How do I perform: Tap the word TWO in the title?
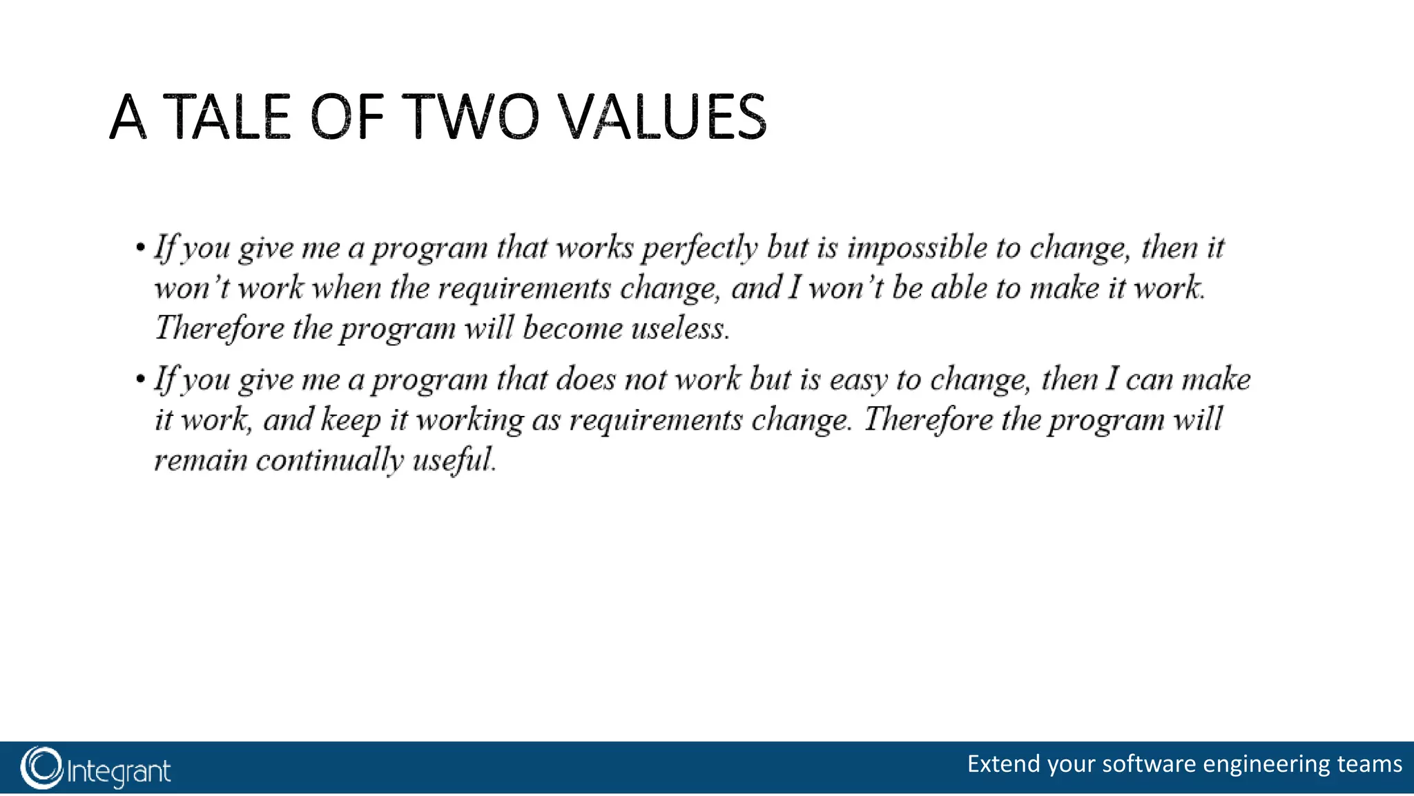click(x=470, y=117)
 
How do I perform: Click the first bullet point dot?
click(x=141, y=247)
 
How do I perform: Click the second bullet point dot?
click(x=141, y=379)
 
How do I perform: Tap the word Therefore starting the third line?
click(x=219, y=328)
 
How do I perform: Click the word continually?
click(x=330, y=461)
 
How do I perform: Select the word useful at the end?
click(x=454, y=461)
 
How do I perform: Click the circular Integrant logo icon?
click(x=41, y=768)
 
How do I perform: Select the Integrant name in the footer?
click(x=119, y=771)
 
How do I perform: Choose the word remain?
click(x=200, y=461)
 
